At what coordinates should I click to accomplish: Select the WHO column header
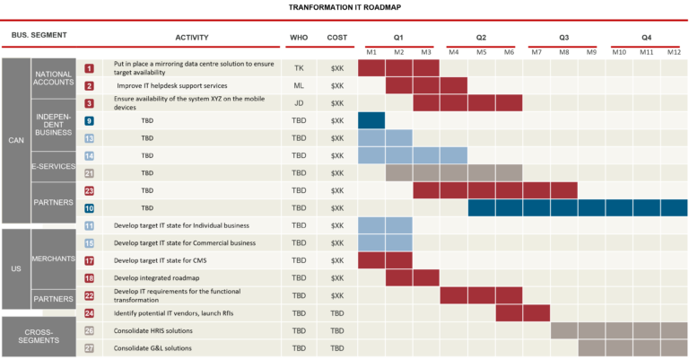coord(299,38)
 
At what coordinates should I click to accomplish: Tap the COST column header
coord(336,38)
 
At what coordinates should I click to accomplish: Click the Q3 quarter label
coord(563,38)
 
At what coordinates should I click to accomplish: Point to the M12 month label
coord(674,52)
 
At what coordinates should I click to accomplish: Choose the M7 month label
coord(536,52)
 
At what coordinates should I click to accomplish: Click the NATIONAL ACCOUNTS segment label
coord(53,77)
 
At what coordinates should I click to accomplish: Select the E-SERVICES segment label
coord(53,165)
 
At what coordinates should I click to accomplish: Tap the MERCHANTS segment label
coord(53,260)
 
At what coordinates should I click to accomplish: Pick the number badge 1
coord(90,68)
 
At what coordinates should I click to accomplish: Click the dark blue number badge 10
coord(90,208)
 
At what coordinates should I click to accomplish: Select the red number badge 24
coord(90,313)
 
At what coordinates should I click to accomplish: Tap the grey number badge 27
coord(90,347)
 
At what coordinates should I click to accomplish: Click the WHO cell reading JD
coord(299,103)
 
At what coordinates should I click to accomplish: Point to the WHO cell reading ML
coord(299,86)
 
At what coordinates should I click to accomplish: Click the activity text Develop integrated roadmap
coord(157,278)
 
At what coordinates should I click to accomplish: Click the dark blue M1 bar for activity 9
coord(371,121)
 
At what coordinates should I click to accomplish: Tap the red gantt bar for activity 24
coord(522,313)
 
